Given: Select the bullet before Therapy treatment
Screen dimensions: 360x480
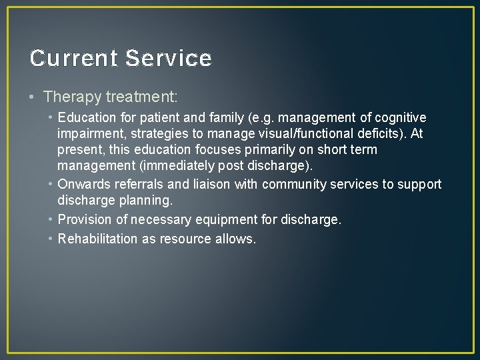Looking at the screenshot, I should (x=33, y=97).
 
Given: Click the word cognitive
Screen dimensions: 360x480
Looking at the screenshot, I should (x=400, y=117).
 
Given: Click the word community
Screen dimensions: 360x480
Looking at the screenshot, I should (x=293, y=184).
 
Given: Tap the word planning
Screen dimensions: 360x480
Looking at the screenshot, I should (x=148, y=201).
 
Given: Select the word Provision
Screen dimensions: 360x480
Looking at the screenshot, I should (x=85, y=219).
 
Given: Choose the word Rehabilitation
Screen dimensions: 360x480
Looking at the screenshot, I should (x=98, y=239).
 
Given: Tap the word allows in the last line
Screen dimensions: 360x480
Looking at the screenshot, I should (x=234, y=239).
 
